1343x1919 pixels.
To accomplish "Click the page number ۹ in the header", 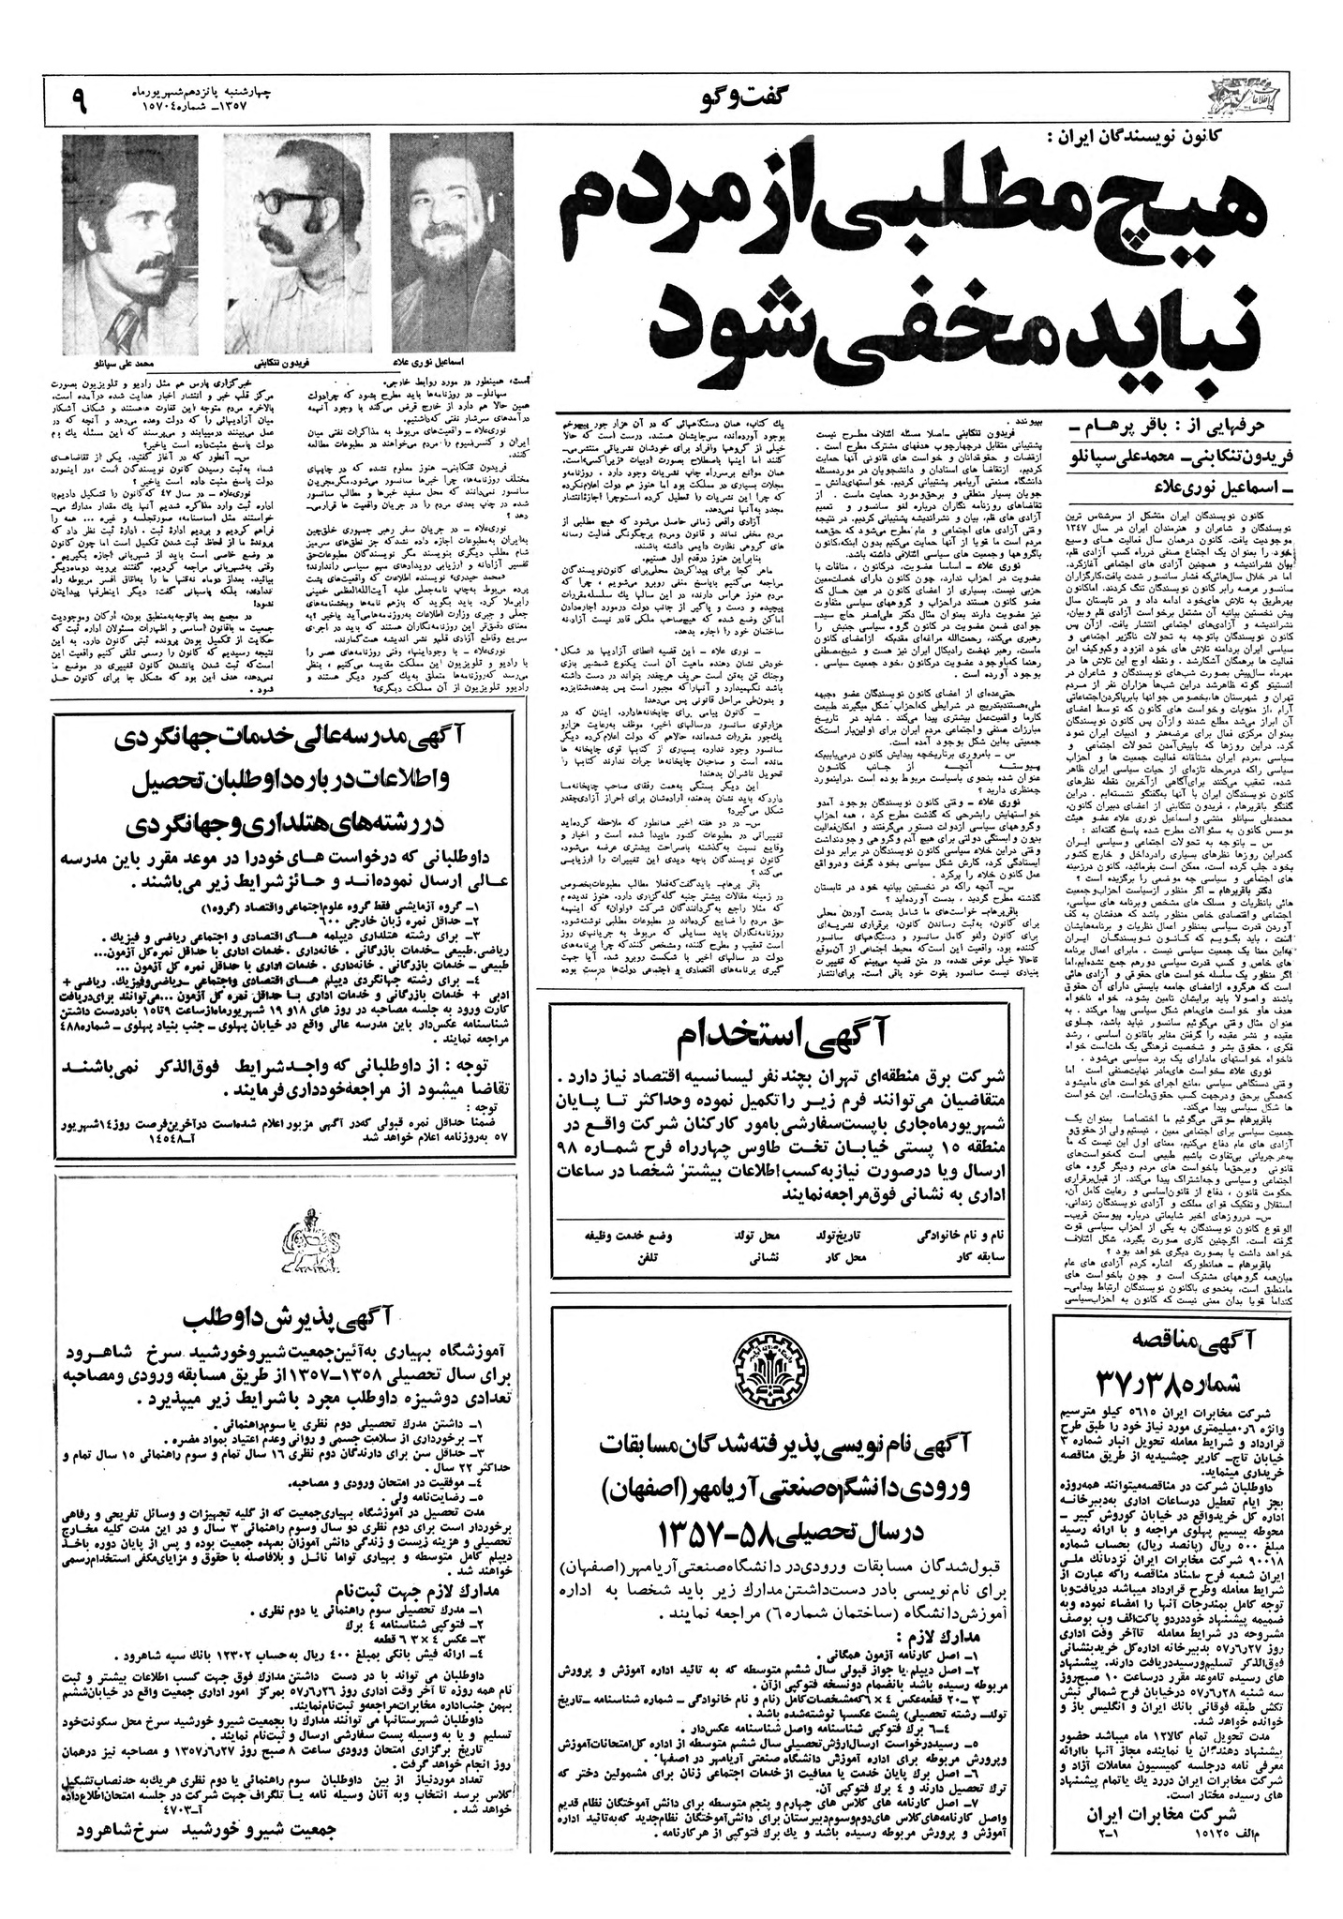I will coord(78,97).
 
